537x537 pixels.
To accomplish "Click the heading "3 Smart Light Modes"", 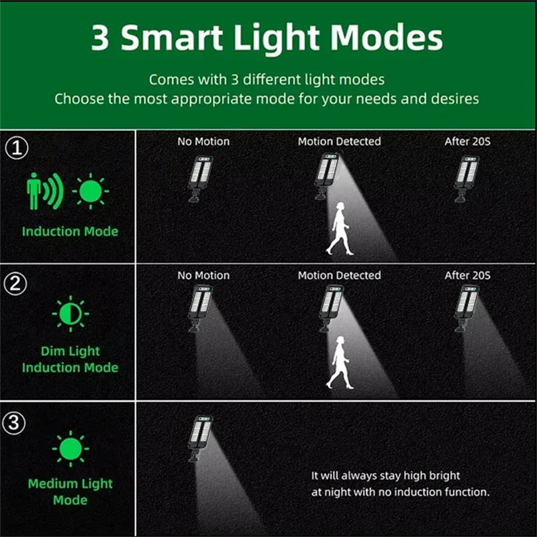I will [267, 38].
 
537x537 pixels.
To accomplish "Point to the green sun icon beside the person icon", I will [90, 192].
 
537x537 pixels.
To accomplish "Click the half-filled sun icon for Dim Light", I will [70, 313].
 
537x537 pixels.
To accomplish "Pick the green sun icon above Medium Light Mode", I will [70, 449].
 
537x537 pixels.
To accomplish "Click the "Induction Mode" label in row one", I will [70, 232].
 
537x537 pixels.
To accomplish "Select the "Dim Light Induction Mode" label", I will [70, 359].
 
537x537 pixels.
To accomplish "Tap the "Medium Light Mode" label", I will [70, 491].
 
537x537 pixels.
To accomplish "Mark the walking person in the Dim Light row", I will [339, 362].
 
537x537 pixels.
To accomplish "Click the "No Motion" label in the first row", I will [203, 142].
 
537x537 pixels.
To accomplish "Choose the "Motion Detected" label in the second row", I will [339, 275].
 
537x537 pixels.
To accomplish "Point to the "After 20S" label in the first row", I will [467, 142].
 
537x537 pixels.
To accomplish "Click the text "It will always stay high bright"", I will [385, 476].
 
